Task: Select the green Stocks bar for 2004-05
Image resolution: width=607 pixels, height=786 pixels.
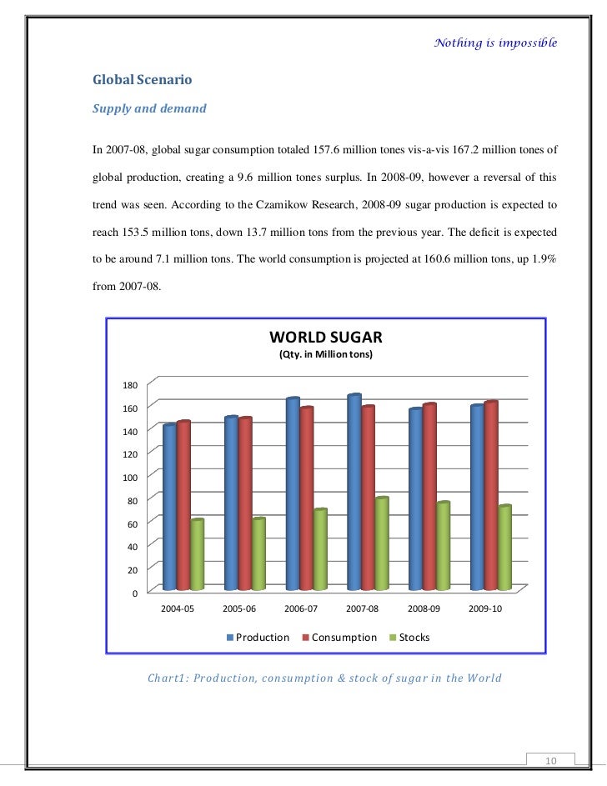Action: tap(197, 554)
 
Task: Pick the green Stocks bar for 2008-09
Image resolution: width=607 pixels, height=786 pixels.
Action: tap(443, 546)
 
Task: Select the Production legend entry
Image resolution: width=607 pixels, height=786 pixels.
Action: tap(258, 638)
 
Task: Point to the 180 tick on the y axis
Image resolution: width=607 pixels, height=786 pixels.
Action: tap(130, 385)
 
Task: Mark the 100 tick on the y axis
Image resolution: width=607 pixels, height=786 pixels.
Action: tap(130, 477)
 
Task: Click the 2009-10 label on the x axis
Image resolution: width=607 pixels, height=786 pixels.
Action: tap(485, 609)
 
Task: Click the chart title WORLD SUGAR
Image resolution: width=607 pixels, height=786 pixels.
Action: tap(325, 338)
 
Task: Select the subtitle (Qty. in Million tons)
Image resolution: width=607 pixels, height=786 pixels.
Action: tap(325, 354)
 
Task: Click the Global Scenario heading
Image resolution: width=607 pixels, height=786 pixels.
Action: tap(142, 81)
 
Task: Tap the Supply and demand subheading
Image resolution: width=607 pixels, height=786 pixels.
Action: tap(149, 108)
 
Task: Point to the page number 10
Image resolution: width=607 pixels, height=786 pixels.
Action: tap(549, 760)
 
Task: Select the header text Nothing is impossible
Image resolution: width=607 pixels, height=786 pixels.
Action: tap(495, 43)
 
